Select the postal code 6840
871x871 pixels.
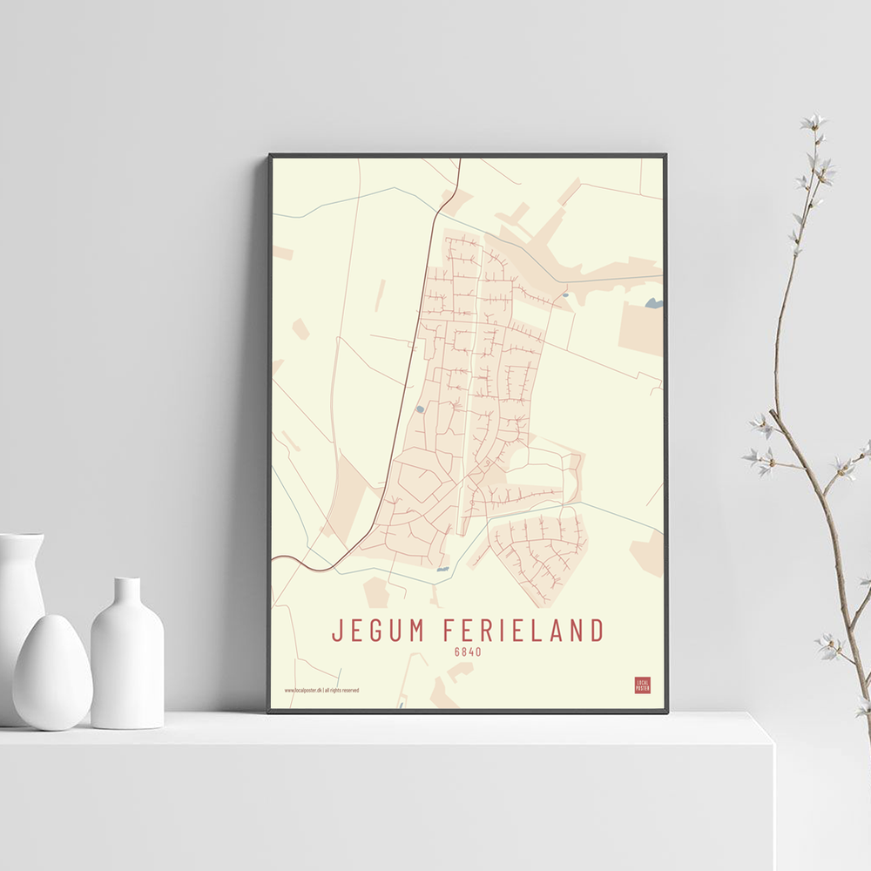468,652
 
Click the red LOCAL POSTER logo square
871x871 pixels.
642,685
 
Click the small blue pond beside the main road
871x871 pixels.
420,408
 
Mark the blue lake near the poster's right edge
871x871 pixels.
653,303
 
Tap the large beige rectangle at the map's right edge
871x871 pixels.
642,329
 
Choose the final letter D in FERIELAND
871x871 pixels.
597,630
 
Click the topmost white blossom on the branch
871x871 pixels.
814,122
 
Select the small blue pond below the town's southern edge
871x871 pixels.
442,568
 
